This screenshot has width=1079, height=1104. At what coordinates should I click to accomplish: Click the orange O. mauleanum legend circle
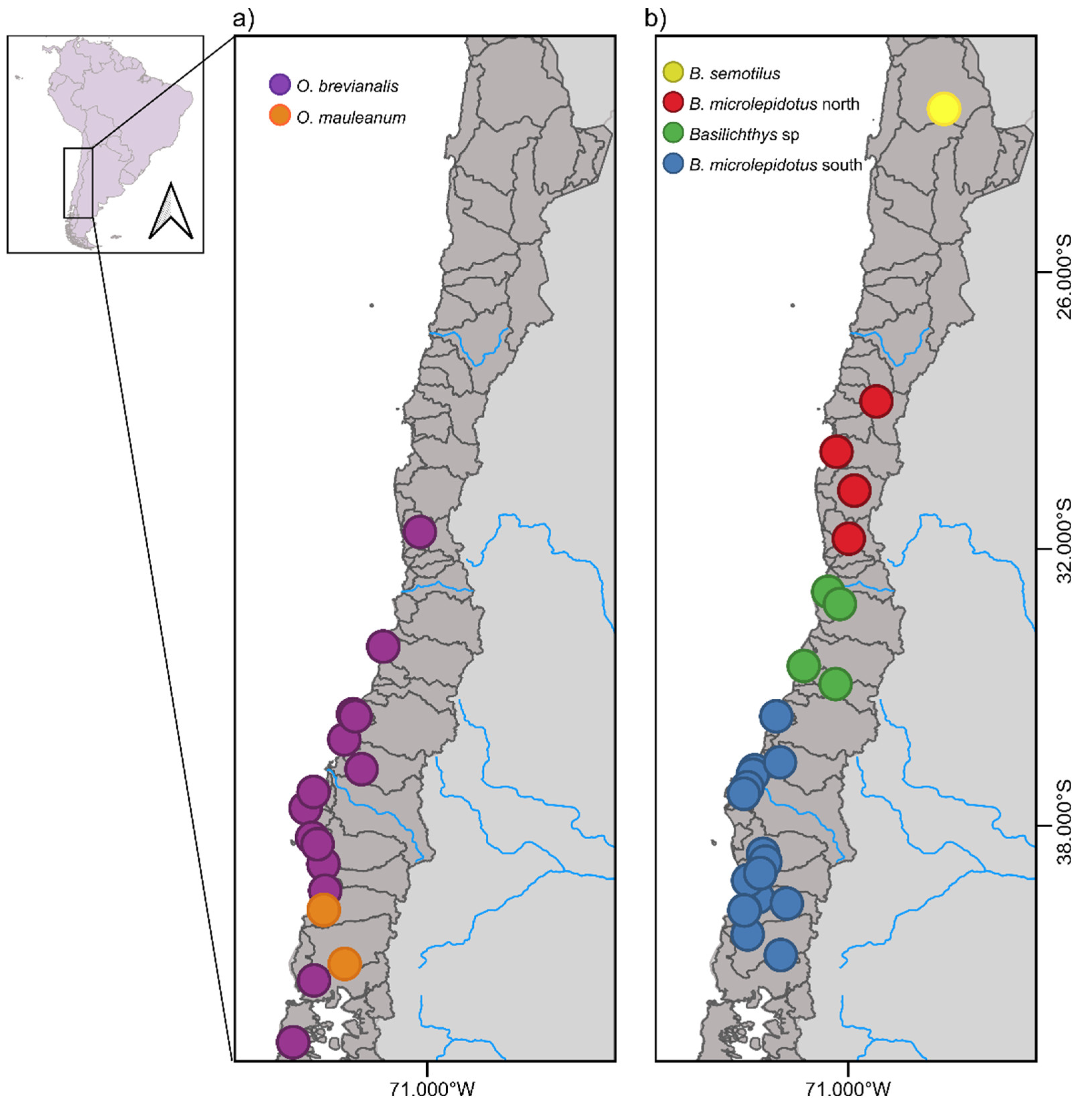click(279, 116)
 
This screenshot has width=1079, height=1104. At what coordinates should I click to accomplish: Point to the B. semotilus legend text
click(735, 73)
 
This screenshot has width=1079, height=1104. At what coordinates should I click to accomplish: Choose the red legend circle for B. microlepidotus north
click(673, 104)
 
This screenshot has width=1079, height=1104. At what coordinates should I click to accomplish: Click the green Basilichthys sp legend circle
click(673, 134)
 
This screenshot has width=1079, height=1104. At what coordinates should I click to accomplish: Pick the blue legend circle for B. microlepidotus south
click(673, 165)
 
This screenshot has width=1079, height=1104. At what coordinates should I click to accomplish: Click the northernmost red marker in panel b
click(876, 401)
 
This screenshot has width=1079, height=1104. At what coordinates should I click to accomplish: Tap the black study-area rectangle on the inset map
click(78, 182)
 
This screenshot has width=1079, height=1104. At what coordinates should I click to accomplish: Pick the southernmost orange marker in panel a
click(344, 963)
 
